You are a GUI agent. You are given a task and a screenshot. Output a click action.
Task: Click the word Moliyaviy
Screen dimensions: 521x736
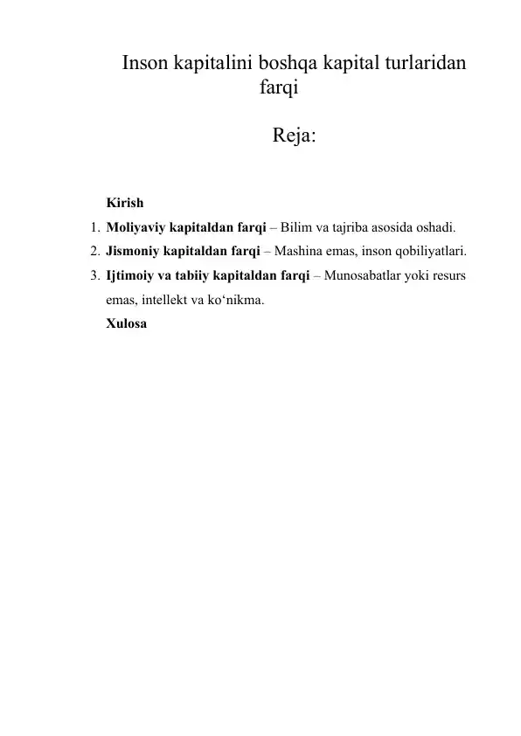[x=134, y=228]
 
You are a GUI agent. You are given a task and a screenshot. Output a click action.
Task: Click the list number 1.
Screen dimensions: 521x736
[x=93, y=228]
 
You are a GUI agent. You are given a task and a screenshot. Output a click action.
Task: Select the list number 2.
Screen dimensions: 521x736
[x=93, y=253]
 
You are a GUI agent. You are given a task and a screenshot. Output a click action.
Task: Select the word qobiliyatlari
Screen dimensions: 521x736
[x=427, y=253]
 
